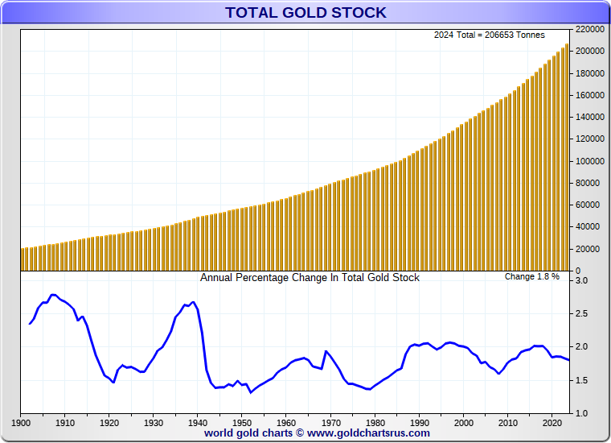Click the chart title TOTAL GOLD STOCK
pyautogui.click(x=305, y=12)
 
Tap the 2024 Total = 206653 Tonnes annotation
pyautogui.click(x=490, y=35)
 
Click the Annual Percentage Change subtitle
pyautogui.click(x=310, y=278)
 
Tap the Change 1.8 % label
pyautogui.click(x=532, y=277)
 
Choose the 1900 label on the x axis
pyautogui.click(x=21, y=422)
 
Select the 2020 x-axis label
pyautogui.click(x=552, y=422)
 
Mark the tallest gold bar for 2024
pyautogui.click(x=568, y=157)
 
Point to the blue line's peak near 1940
pyautogui.click(x=194, y=302)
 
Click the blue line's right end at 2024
pyautogui.click(x=569, y=360)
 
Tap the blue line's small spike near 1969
pyautogui.click(x=326, y=351)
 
